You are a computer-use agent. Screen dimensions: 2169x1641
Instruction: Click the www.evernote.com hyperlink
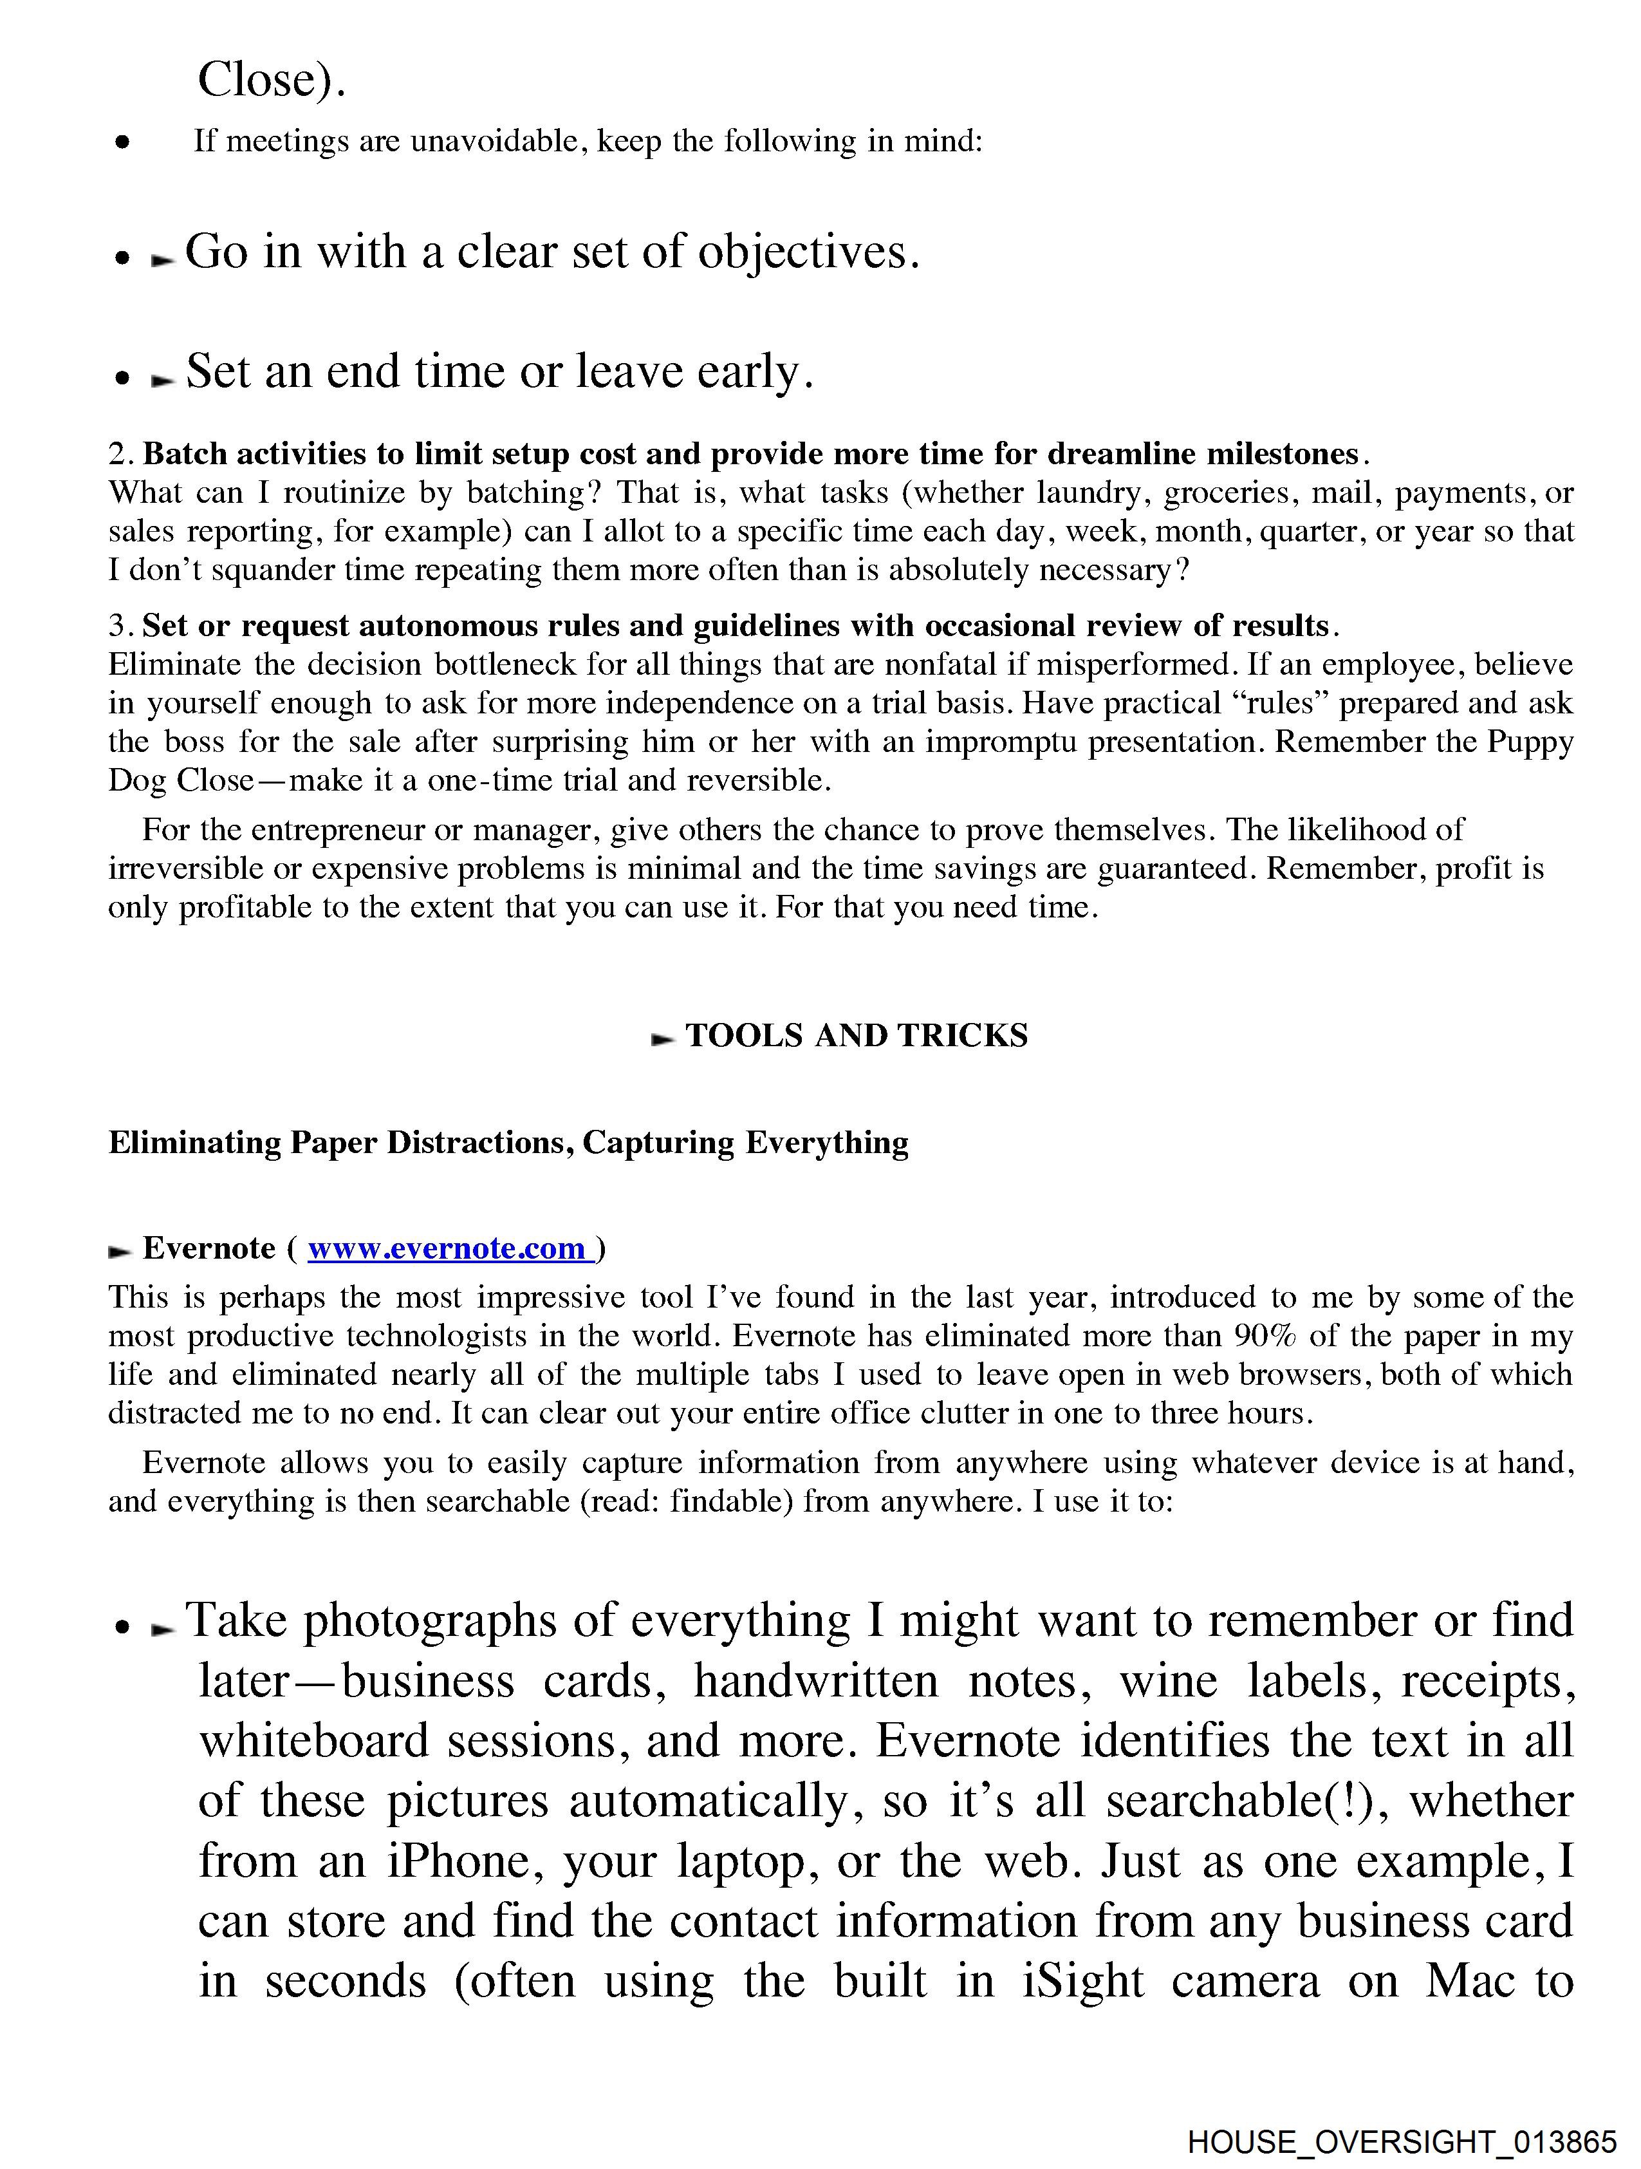(x=447, y=1248)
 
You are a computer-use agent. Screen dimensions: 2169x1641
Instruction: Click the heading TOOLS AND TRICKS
(x=856, y=1035)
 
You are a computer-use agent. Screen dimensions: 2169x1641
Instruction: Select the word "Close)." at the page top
(x=272, y=79)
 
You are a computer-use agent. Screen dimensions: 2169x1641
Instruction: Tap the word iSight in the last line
(x=1083, y=1980)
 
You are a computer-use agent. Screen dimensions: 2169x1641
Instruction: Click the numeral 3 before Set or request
(x=118, y=626)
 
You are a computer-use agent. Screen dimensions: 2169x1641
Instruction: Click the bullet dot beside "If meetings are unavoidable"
(x=122, y=143)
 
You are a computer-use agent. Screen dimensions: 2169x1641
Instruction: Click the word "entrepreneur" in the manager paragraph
(x=336, y=831)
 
